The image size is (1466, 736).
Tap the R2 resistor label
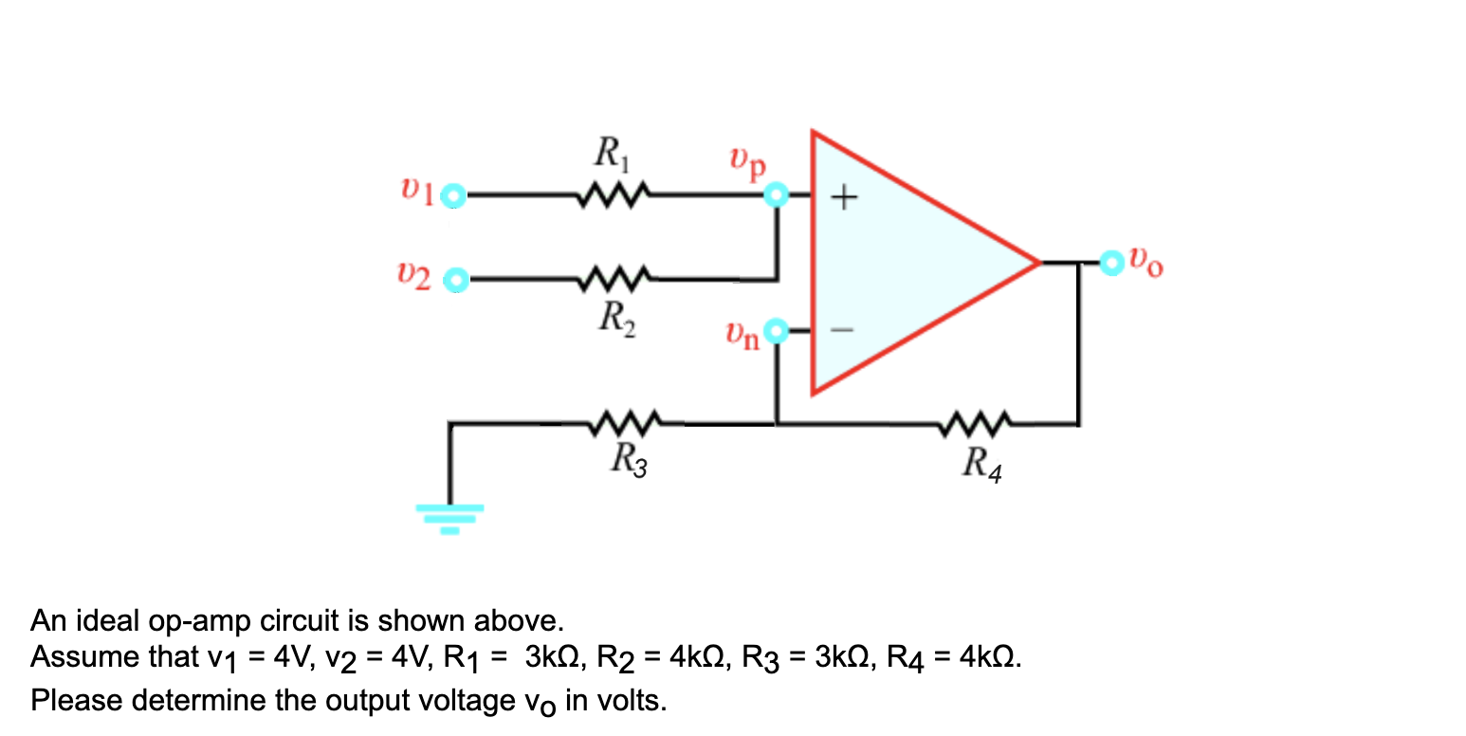pyautogui.click(x=617, y=316)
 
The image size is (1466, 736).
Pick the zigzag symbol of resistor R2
pyautogui.click(x=617, y=279)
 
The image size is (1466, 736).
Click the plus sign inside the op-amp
pyautogui.click(x=844, y=198)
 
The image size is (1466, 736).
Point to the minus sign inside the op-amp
pyautogui.click(x=844, y=331)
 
